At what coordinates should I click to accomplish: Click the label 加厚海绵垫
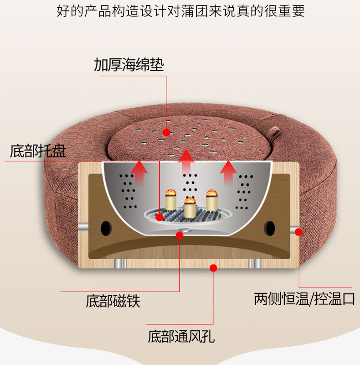(129, 64)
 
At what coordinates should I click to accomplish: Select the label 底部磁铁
(113, 301)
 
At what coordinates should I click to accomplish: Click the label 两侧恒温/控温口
(304, 299)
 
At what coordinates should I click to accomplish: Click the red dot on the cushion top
(167, 133)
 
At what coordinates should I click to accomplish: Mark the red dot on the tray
(159, 217)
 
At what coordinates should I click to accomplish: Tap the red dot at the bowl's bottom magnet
(180, 235)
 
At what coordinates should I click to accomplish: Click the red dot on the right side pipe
(299, 232)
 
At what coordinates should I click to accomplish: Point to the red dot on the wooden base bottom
(212, 268)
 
